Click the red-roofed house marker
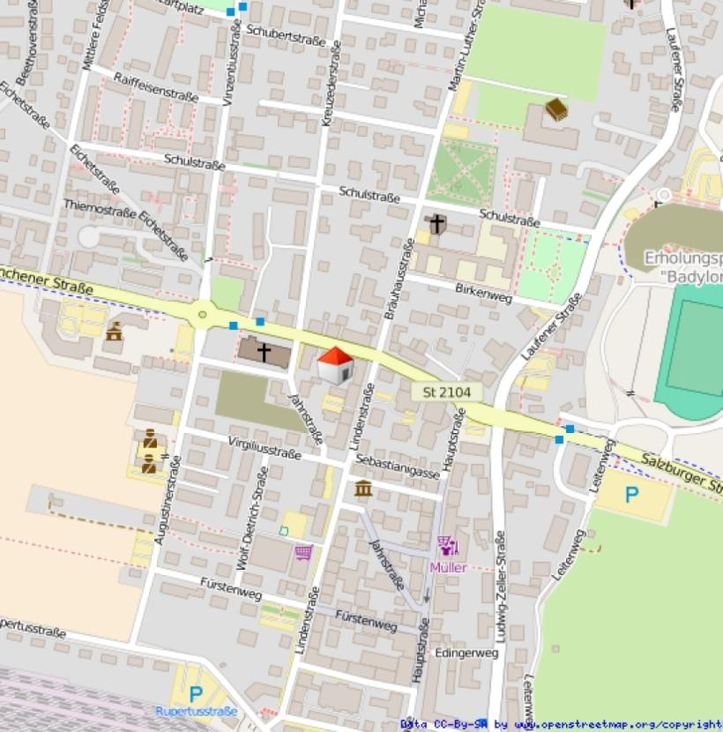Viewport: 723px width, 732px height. [x=335, y=365]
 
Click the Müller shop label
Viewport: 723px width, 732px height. [x=448, y=568]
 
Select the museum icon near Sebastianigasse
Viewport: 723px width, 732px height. [x=362, y=488]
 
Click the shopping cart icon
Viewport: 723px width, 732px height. [x=303, y=552]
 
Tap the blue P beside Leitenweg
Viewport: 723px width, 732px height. [x=631, y=495]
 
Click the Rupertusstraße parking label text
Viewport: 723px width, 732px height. [x=196, y=711]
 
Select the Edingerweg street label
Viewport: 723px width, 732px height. [x=467, y=653]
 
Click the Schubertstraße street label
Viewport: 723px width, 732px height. [x=286, y=34]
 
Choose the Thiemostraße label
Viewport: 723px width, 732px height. [x=99, y=208]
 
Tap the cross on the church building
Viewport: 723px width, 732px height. [x=264, y=351]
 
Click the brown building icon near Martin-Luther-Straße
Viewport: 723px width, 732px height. [x=555, y=109]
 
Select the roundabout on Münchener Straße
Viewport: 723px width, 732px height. [x=204, y=312]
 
